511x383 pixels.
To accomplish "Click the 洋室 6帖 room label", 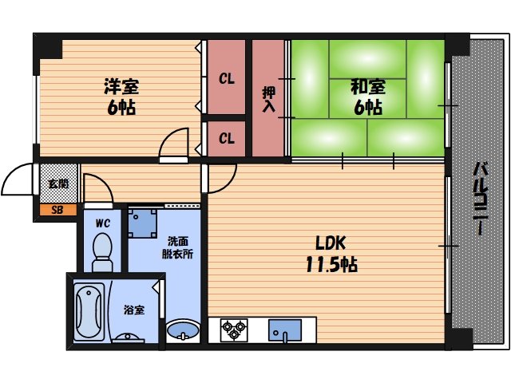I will [x=122, y=96].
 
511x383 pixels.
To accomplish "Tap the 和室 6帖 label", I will [x=366, y=96].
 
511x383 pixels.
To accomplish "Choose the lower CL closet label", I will [x=227, y=139].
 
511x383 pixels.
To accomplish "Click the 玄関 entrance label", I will [x=58, y=184].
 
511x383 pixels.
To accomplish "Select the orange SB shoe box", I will [x=57, y=211].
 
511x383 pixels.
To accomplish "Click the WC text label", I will [x=102, y=223].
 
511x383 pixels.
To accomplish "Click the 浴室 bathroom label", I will [x=133, y=309].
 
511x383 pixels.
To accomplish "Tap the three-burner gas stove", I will [x=236, y=330].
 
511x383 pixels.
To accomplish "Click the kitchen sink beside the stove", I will [x=284, y=330].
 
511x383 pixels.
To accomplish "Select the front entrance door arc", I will [x=18, y=182].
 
